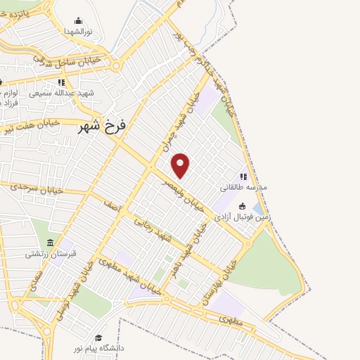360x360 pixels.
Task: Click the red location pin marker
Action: point(181,165)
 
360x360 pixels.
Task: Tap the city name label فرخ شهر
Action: point(102,127)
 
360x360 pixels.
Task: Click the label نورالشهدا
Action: point(78,32)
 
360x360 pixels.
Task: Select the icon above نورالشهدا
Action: point(78,21)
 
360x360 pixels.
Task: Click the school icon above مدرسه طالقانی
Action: point(244,177)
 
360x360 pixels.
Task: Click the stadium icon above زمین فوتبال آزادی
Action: point(243,207)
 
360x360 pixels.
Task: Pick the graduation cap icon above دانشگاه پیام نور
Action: point(99,337)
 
